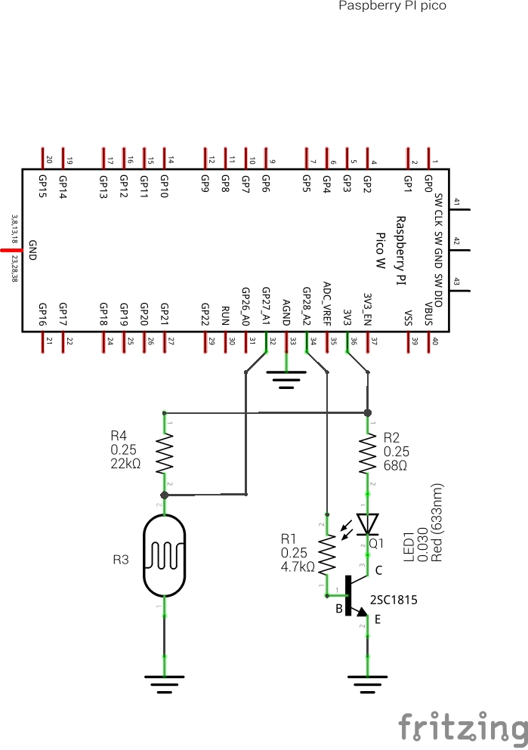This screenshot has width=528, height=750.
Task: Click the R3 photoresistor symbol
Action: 164,555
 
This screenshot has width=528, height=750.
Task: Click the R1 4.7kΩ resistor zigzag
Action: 326,556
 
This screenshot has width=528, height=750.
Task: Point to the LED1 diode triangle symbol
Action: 368,523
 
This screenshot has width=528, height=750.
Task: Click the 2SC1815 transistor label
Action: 394,600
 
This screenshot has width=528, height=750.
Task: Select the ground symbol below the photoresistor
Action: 164,682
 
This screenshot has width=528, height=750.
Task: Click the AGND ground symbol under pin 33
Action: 286,378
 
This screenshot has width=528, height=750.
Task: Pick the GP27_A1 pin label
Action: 266,306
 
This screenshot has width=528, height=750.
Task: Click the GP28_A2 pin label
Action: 306,306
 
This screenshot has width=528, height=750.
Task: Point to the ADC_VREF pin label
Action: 326,303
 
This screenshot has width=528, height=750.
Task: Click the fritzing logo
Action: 463,727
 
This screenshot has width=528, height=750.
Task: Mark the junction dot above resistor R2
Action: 368,412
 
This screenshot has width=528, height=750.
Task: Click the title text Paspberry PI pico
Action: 392,6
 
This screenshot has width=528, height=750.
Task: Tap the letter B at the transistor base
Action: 340,608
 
